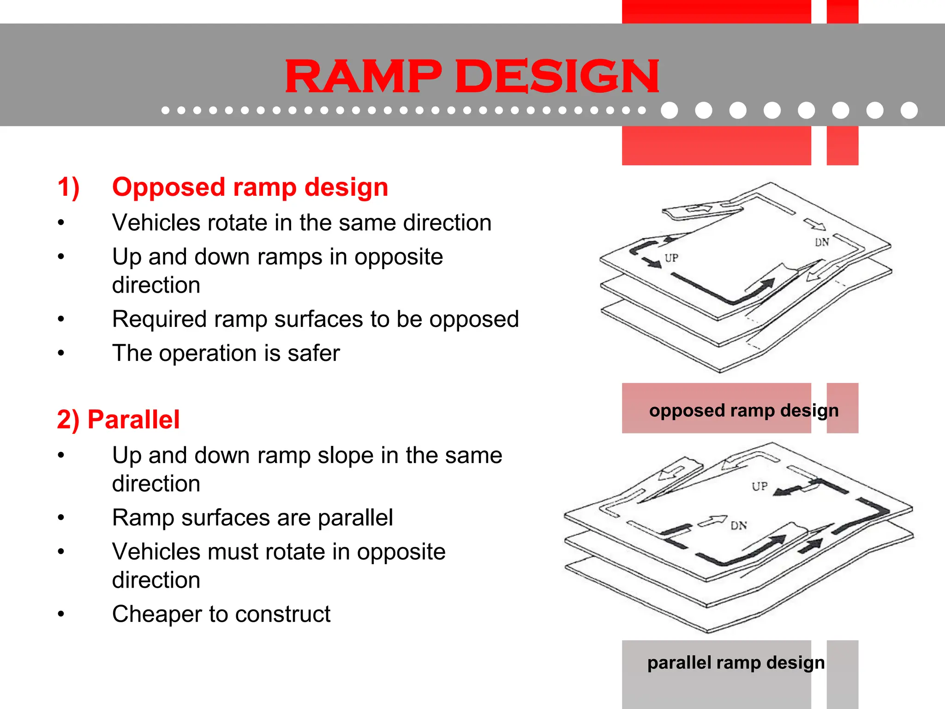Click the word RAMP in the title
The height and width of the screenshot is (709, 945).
pos(363,76)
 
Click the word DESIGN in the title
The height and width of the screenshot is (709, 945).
pos(557,76)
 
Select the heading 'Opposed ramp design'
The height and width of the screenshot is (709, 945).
pos(250,187)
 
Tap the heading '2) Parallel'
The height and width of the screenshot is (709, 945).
pos(118,420)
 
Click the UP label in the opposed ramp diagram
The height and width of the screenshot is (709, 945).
pos(671,258)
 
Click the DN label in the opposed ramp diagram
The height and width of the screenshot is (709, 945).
pos(822,242)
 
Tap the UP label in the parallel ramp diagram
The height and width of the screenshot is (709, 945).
pos(760,487)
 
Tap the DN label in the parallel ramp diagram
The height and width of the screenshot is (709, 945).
pos(739,526)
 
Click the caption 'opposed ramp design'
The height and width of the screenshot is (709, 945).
pos(743,410)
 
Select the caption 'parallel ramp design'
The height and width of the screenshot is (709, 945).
pos(736,663)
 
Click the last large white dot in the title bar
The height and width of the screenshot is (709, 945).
pos(909,110)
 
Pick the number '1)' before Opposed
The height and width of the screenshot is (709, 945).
pos(69,187)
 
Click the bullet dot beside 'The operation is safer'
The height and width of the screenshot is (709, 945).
pos(61,354)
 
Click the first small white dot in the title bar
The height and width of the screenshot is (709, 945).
pos(165,110)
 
